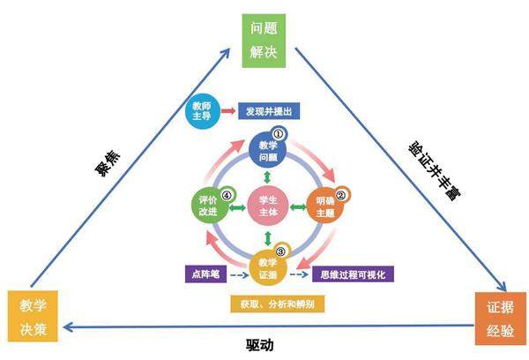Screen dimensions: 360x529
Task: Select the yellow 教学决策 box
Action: pyautogui.click(x=34, y=315)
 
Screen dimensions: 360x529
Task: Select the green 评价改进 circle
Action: pyautogui.click(x=209, y=206)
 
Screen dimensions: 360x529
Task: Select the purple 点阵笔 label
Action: pyautogui.click(x=205, y=274)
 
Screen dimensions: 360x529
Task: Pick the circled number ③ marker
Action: pyautogui.click(x=281, y=251)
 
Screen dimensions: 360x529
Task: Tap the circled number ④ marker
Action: pyautogui.click(x=227, y=195)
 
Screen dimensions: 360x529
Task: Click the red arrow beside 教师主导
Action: pyautogui.click(x=227, y=112)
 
